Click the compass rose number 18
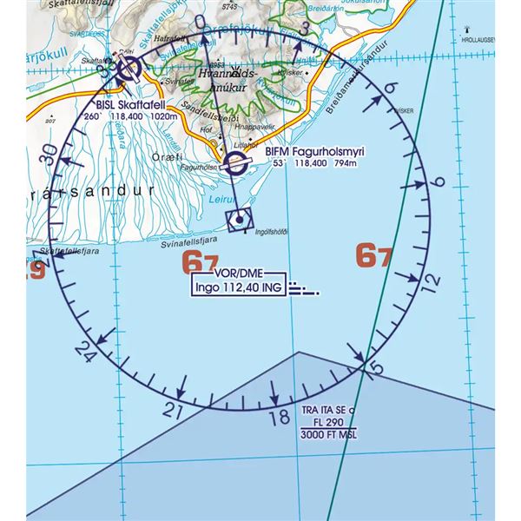pyautogui.click(x=279, y=418)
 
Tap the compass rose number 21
pyautogui.click(x=173, y=410)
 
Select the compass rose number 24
pyautogui.click(x=84, y=351)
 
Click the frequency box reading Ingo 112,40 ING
pyautogui.click(x=237, y=288)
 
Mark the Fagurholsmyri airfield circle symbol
pyautogui.click(x=234, y=163)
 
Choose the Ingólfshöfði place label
pyautogui.click(x=274, y=230)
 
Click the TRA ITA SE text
pyautogui.click(x=327, y=409)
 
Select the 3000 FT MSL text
pyautogui.click(x=327, y=435)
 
